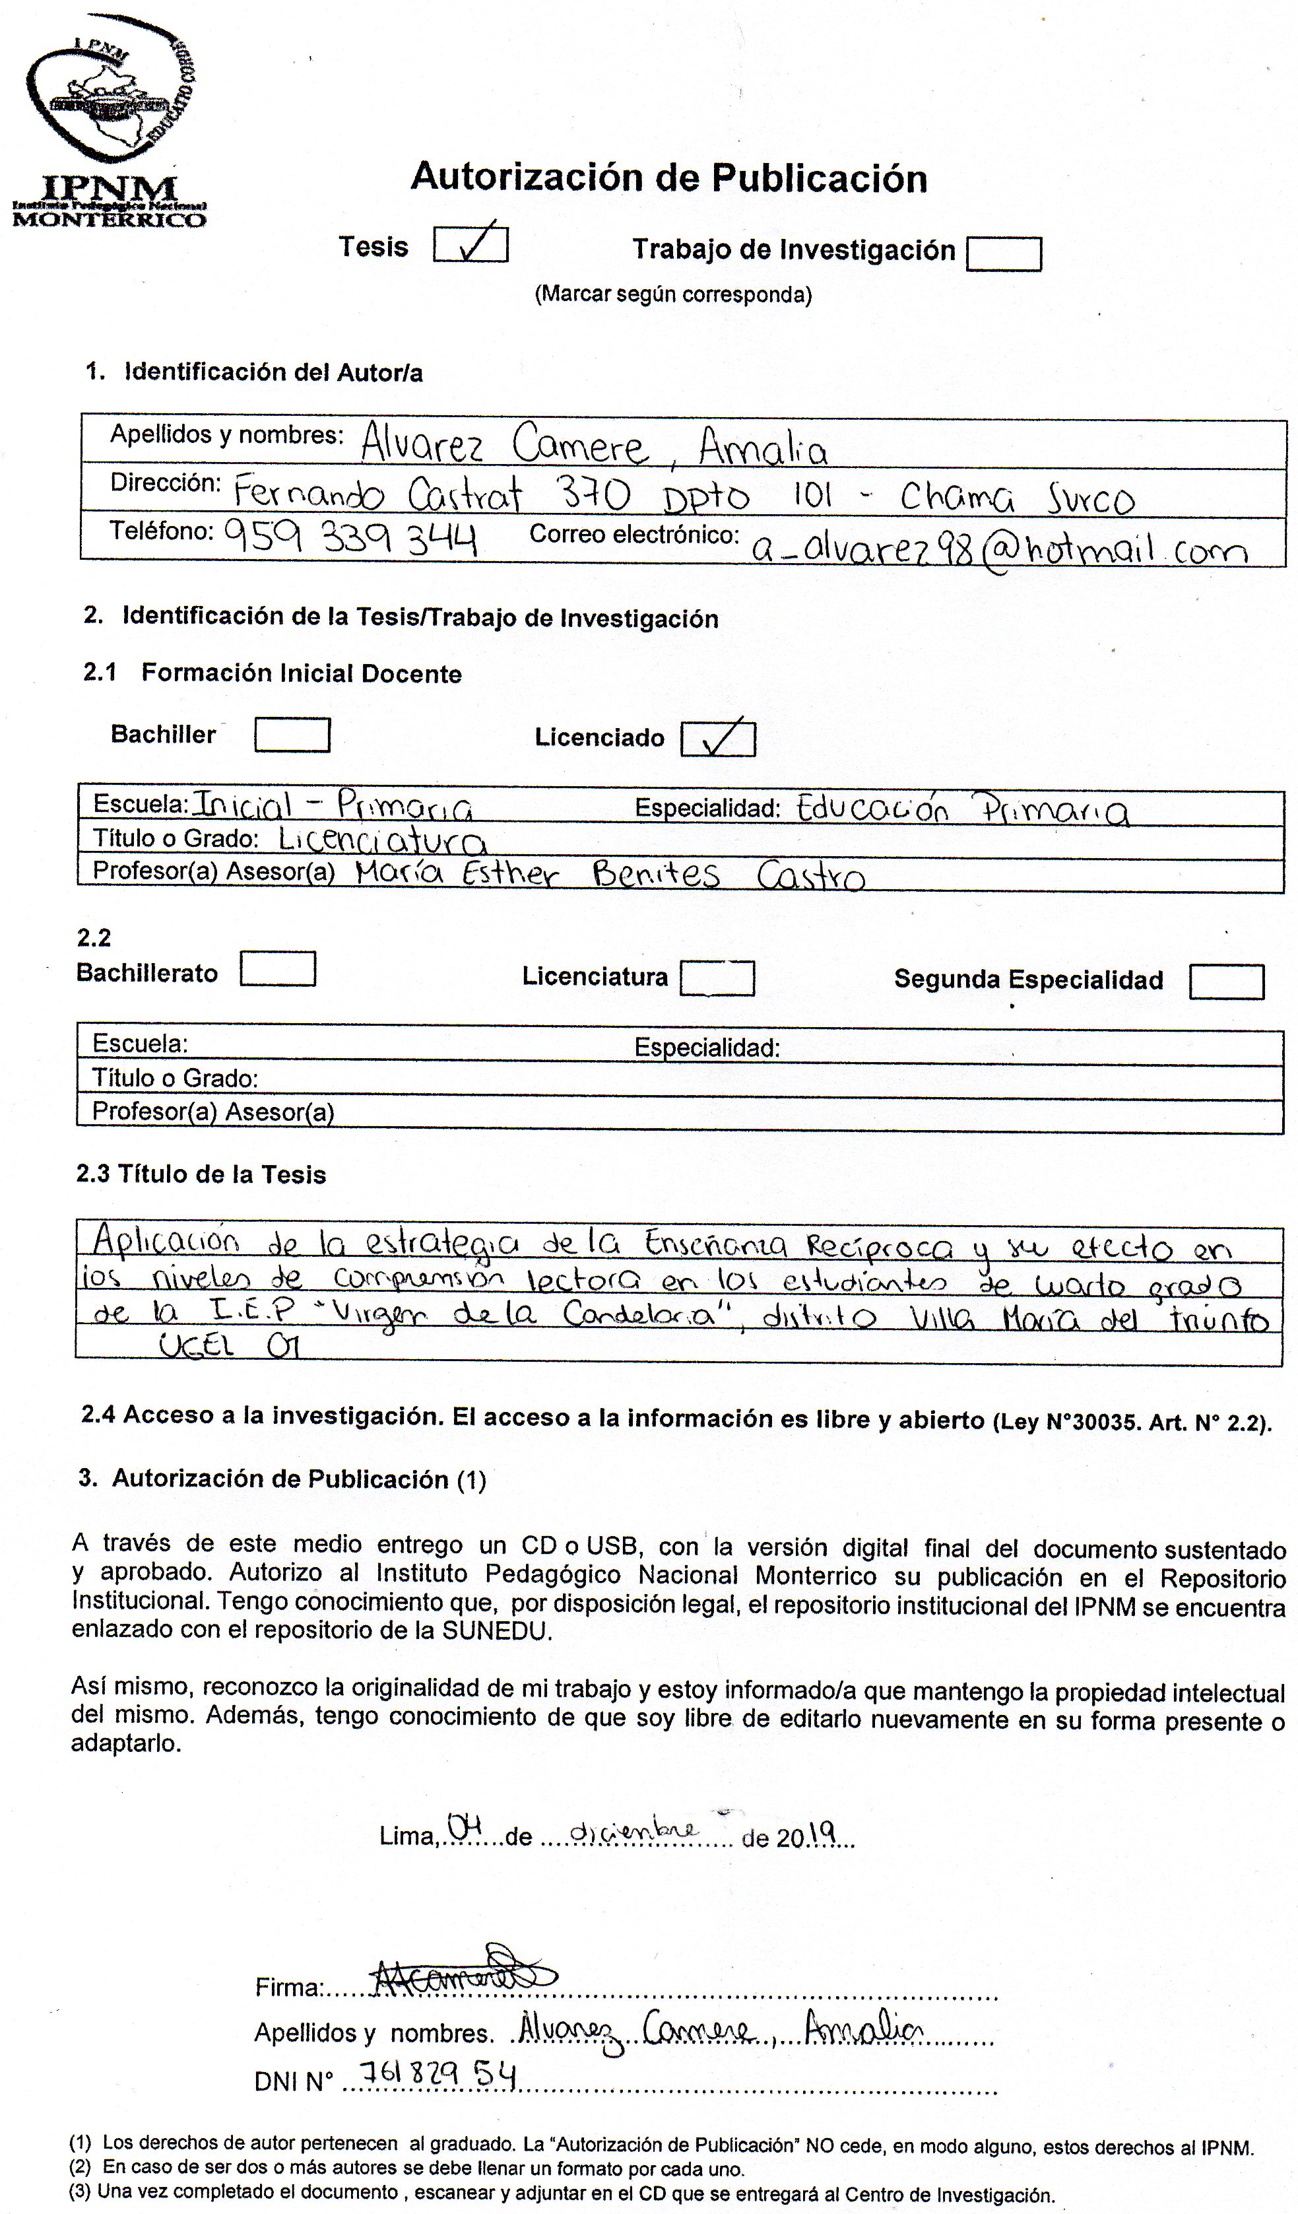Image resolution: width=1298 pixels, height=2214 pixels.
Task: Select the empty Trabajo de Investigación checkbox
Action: pos(1003,255)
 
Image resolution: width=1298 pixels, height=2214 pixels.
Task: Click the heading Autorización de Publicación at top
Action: pos(668,178)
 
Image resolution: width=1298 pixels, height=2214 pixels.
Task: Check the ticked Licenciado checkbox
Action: pos(717,737)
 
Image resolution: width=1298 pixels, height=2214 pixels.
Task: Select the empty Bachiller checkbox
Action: pos(292,735)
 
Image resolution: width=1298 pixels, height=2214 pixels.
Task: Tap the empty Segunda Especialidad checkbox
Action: pos(1226,982)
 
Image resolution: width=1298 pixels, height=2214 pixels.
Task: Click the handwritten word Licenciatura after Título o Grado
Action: pos(382,839)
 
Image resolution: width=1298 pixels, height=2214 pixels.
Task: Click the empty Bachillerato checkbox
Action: pos(278,968)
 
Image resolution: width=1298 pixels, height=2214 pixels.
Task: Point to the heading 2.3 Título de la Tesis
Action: pos(201,1174)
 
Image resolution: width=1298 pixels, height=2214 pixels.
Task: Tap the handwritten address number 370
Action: pos(594,496)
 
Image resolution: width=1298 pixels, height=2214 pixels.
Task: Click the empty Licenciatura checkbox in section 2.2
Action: pos(717,978)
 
